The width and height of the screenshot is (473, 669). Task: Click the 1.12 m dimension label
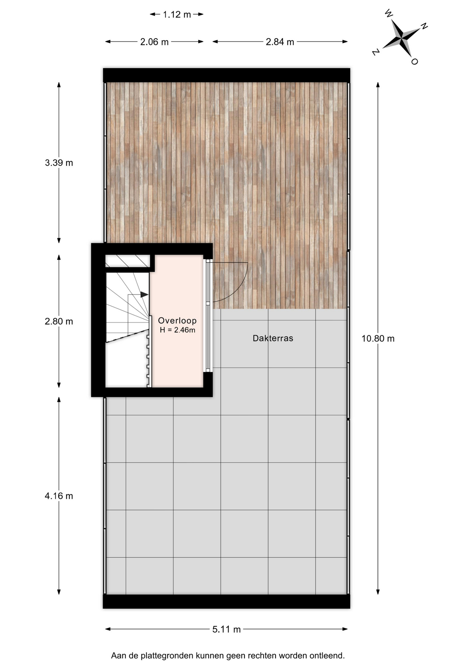coord(177,14)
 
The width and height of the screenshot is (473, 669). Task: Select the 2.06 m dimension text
coord(154,42)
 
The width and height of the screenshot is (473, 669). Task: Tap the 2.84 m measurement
coord(280,42)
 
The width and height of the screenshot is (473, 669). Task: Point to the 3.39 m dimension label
coord(59,163)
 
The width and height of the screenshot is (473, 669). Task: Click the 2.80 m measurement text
coord(59,321)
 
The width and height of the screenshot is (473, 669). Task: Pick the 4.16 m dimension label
coord(59,496)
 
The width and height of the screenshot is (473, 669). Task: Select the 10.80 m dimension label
coord(378,338)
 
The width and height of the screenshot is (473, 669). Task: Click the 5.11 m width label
coord(226,629)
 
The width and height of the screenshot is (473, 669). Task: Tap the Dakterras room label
coord(273,338)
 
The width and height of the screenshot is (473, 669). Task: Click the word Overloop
coord(177,321)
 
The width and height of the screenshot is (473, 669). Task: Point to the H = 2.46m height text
coord(177,330)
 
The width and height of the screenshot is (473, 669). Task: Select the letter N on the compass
coord(424,26)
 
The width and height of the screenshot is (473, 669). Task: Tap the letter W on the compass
coord(389,14)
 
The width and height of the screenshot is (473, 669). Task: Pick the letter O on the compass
coord(414,62)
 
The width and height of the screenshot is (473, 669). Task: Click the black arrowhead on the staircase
coord(144,295)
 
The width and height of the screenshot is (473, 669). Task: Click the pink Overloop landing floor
coord(178,355)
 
